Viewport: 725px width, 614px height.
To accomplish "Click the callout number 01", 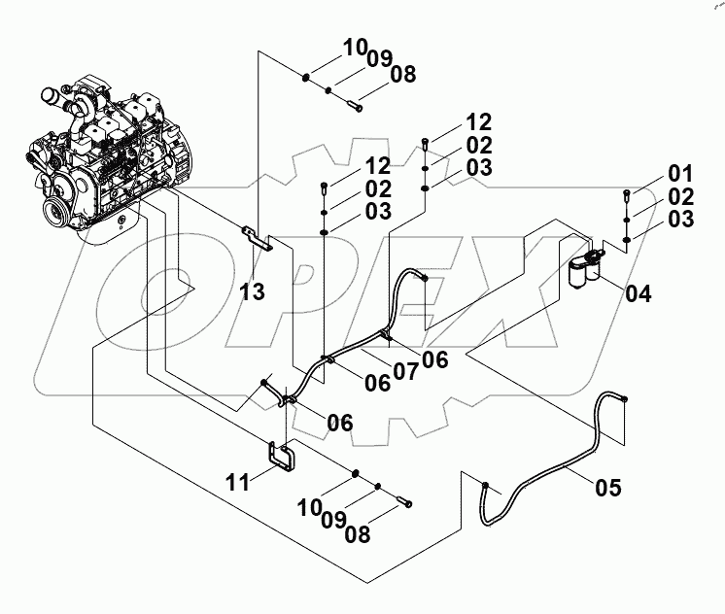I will click(679, 175).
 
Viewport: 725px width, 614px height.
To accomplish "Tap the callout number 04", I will click(639, 292).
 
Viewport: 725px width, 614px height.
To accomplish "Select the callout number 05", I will click(608, 489).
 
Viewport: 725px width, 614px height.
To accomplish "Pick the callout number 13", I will click(252, 292).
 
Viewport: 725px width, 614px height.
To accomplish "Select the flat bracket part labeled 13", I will click(257, 238).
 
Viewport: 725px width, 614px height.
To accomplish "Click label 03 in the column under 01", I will click(680, 220).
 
